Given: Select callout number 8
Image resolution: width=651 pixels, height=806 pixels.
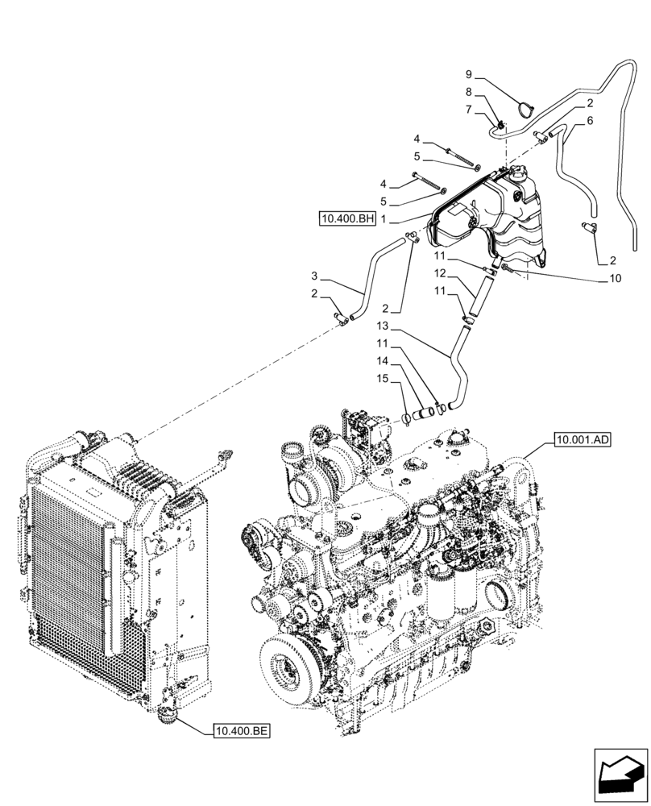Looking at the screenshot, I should pyautogui.click(x=468, y=93).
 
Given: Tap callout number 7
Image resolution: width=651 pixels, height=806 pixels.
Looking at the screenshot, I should pyautogui.click(x=468, y=109).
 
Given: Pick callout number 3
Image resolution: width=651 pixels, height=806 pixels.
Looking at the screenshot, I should pyautogui.click(x=314, y=276).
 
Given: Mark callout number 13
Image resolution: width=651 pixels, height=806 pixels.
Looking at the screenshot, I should pyautogui.click(x=382, y=327).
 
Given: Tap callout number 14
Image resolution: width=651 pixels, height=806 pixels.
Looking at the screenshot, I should pyautogui.click(x=382, y=362).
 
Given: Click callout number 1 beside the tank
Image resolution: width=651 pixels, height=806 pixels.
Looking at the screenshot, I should pyautogui.click(x=385, y=218).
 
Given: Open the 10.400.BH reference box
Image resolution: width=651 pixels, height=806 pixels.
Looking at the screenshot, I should pyautogui.click(x=346, y=218).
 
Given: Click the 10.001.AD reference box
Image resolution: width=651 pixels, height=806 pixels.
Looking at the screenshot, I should pyautogui.click(x=583, y=440).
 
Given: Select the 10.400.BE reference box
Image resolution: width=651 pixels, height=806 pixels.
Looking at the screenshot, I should pyautogui.click(x=241, y=731).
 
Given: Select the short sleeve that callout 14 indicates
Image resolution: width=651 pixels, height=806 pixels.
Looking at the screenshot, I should pyautogui.click(x=422, y=417).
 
